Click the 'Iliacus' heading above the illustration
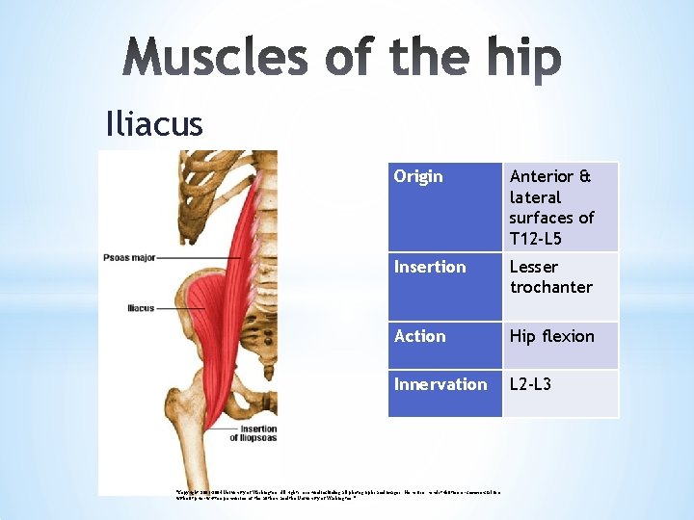[x=154, y=124]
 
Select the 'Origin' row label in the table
[x=419, y=176]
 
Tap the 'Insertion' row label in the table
[x=430, y=267]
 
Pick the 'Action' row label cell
[x=420, y=336]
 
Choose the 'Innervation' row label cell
[x=440, y=384]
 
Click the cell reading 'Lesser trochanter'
[x=551, y=277]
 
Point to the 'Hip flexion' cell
[x=552, y=336]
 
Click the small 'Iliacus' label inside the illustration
[x=141, y=308]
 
